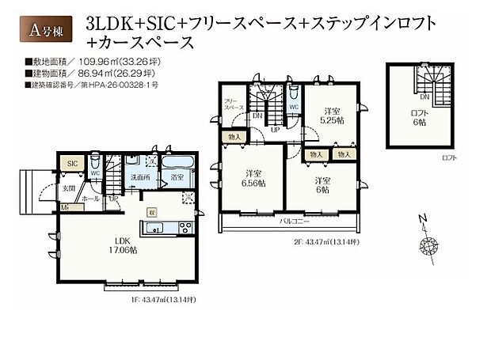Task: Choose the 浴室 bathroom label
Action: (178, 177)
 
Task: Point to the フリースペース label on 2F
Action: (232, 106)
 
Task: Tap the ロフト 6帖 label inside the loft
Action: (419, 118)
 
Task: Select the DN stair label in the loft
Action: (425, 97)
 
